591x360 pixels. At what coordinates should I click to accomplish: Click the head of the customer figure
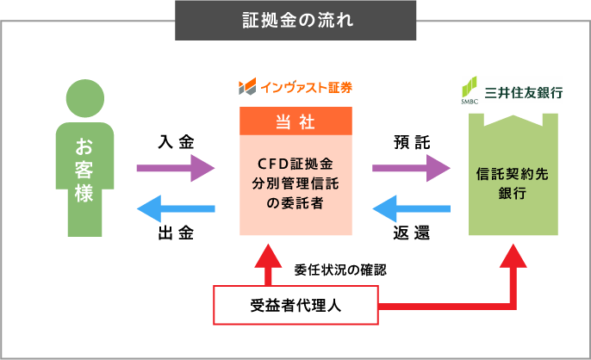[x=84, y=97]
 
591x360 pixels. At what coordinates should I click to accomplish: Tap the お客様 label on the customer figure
[x=84, y=169]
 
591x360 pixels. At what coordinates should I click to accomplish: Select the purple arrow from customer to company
[x=175, y=168]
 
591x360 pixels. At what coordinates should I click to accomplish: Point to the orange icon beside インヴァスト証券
[x=247, y=87]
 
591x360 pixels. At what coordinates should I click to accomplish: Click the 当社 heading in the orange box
[x=295, y=122]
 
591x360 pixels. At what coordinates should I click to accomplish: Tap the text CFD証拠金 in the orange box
[x=295, y=163]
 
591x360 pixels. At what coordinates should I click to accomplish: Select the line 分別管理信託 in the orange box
[x=295, y=183]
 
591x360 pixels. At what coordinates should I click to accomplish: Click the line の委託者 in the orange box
[x=295, y=202]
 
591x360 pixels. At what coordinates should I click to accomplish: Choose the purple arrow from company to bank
[x=411, y=168]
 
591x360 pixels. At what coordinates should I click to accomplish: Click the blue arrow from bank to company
[x=411, y=208]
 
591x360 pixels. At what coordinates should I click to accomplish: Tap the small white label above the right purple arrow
[x=414, y=141]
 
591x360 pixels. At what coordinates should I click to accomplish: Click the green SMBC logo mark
[x=469, y=88]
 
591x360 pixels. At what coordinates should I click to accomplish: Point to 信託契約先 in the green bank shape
[x=512, y=173]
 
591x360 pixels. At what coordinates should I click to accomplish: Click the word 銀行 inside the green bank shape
[x=512, y=193]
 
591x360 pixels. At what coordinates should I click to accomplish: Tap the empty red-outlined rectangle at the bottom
[x=295, y=305]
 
